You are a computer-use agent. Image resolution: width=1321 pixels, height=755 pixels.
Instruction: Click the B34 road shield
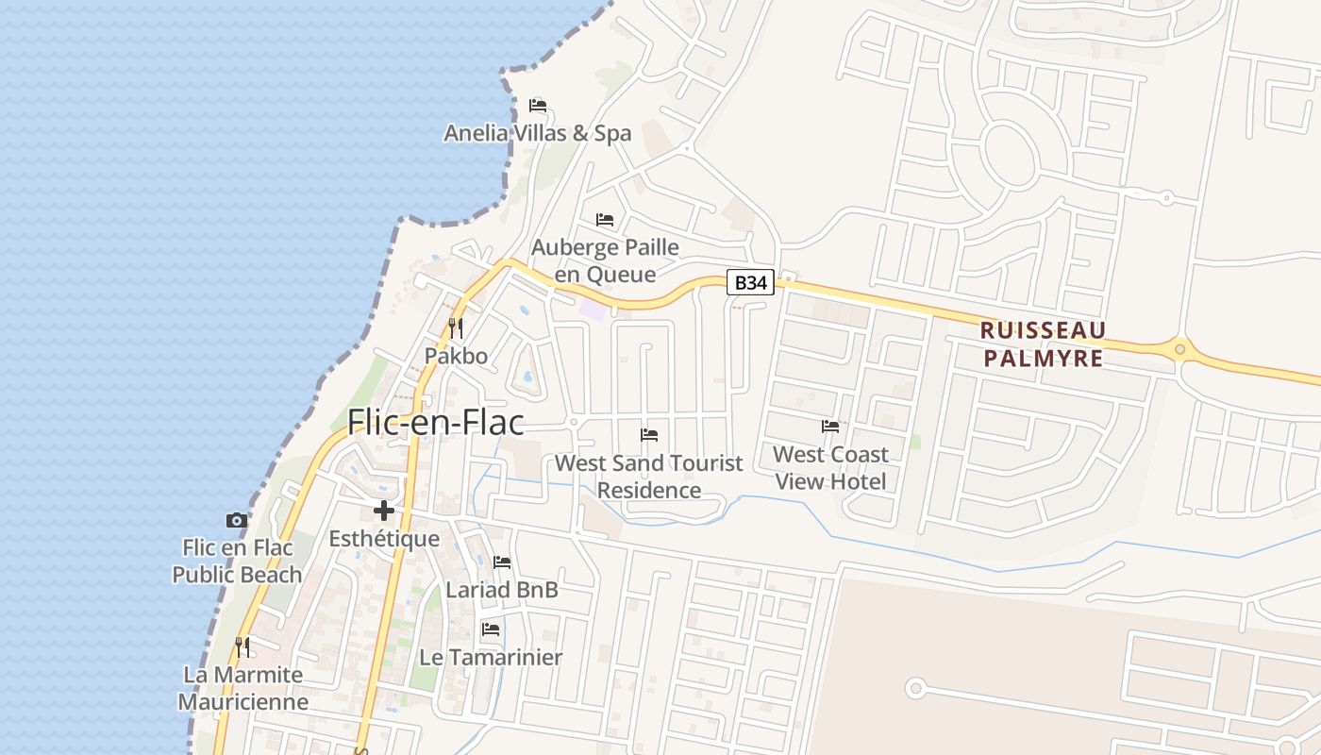click(750, 282)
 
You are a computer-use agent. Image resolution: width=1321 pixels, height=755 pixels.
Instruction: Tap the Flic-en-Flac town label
click(435, 422)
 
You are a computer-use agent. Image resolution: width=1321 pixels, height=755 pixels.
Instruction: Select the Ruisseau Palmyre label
click(1043, 344)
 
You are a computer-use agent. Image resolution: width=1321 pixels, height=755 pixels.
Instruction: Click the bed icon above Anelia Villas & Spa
click(538, 105)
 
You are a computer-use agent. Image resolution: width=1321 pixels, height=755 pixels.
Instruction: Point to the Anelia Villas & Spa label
click(538, 134)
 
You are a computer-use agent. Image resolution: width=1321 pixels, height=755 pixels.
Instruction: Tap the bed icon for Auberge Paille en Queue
click(605, 220)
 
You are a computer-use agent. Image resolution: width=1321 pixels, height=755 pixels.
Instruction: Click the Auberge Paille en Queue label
click(605, 261)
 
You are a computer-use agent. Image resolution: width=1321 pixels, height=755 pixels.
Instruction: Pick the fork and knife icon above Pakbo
click(456, 327)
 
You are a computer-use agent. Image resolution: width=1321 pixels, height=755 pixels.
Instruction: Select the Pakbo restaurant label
click(456, 356)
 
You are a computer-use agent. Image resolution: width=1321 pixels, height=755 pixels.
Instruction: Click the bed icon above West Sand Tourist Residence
click(649, 435)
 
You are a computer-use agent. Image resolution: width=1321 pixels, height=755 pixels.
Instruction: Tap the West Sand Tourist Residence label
click(649, 477)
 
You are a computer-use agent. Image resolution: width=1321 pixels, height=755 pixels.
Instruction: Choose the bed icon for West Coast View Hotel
click(830, 427)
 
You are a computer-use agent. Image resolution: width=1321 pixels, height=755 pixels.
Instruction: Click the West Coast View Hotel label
click(830, 468)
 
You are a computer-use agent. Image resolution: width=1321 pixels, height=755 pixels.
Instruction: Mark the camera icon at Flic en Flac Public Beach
click(237, 520)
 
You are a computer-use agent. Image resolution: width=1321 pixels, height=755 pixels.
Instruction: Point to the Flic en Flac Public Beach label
click(237, 561)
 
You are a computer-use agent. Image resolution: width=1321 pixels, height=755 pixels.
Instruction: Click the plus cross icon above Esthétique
click(384, 511)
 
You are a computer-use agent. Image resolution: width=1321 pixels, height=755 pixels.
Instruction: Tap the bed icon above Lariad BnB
click(502, 562)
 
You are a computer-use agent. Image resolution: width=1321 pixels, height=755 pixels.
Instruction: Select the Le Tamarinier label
click(491, 658)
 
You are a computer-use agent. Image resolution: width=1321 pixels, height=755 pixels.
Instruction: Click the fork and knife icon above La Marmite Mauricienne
click(243, 646)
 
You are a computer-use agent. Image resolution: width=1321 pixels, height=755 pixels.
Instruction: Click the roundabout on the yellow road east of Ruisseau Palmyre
click(1179, 350)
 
